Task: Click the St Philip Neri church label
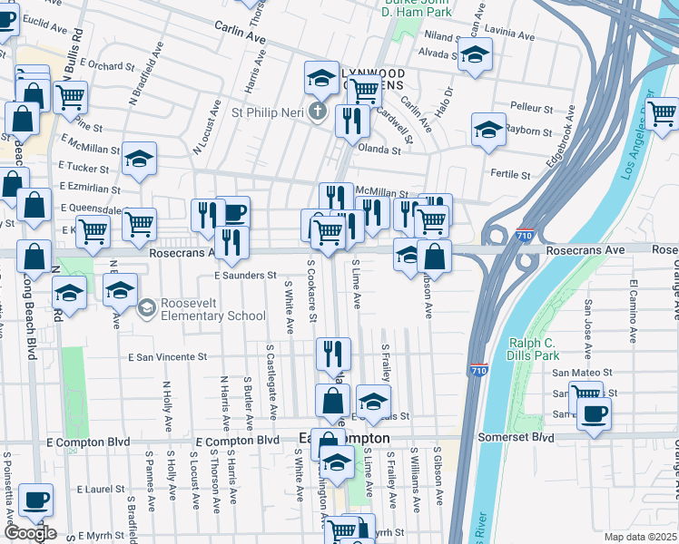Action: tap(270, 113)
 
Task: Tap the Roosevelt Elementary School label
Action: tap(212, 309)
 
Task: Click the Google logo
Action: tap(30, 533)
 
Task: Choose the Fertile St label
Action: tap(510, 173)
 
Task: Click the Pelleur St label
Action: tap(533, 106)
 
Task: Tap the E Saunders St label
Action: tap(245, 275)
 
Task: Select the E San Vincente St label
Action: tap(168, 358)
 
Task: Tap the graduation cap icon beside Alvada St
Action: tap(473, 55)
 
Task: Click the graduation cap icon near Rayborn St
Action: tap(488, 130)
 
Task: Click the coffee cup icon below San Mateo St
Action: tap(594, 413)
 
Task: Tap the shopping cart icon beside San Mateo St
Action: tap(586, 395)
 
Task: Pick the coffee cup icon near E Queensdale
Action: tap(232, 212)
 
